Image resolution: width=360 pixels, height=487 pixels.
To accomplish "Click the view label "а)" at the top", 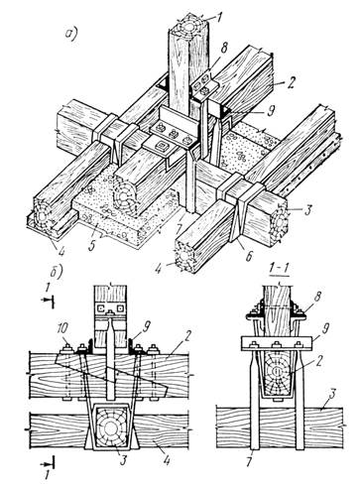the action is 71,33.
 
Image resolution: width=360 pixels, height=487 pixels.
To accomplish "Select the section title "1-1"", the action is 280,270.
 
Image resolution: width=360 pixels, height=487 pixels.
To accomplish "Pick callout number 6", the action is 249,254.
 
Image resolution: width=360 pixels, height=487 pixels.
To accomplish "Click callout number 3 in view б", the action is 123,460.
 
